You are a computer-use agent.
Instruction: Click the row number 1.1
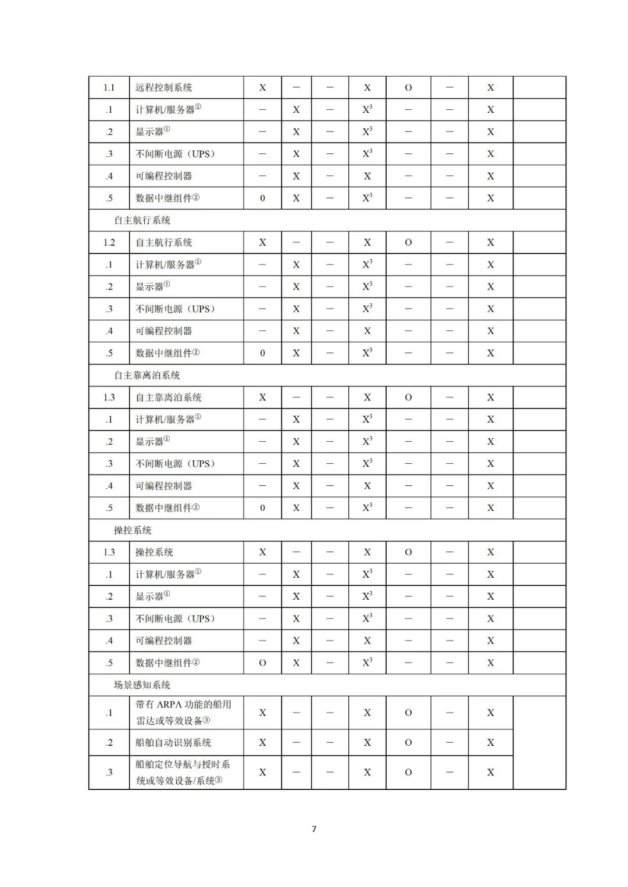point(109,88)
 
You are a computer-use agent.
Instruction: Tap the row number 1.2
point(109,242)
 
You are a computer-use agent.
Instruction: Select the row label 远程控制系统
point(163,88)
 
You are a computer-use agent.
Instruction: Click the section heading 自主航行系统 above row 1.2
point(142,220)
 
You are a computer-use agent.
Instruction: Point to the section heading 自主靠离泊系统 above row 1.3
point(147,375)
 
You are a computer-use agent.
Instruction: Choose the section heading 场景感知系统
point(142,685)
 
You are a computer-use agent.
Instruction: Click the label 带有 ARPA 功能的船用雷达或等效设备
point(183,713)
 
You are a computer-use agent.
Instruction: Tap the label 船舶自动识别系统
point(173,743)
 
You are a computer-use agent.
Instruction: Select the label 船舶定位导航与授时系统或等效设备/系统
point(183,772)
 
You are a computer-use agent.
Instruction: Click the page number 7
point(314,829)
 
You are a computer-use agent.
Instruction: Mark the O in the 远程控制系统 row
point(408,88)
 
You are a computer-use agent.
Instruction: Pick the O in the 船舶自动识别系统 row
point(408,743)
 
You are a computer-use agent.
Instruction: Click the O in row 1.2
point(408,242)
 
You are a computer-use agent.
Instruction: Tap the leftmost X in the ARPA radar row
point(262,713)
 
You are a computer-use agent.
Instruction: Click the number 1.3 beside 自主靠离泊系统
point(109,398)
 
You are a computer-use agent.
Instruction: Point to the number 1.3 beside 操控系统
point(109,552)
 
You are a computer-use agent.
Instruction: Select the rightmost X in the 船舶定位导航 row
point(491,772)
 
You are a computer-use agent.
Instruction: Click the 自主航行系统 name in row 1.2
point(163,242)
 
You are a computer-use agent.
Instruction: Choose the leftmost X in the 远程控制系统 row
point(262,88)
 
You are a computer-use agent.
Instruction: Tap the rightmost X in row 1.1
point(491,88)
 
